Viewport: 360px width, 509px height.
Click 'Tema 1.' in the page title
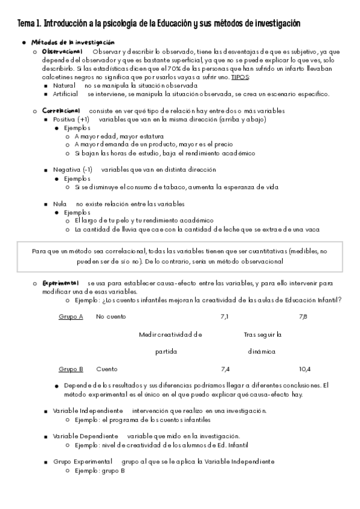tap(29, 23)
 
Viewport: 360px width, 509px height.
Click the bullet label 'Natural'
tap(64, 86)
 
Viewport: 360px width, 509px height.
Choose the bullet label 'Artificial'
tap(66, 94)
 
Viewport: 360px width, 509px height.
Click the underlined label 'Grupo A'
tap(71, 316)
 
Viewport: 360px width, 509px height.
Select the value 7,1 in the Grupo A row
tap(225, 316)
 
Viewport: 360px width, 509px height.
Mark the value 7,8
tap(304, 316)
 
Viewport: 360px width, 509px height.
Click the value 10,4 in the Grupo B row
tap(305, 369)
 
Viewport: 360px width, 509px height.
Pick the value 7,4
tap(226, 369)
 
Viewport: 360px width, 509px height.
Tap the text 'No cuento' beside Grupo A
tap(111, 316)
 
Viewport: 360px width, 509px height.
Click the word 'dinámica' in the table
tap(262, 352)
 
